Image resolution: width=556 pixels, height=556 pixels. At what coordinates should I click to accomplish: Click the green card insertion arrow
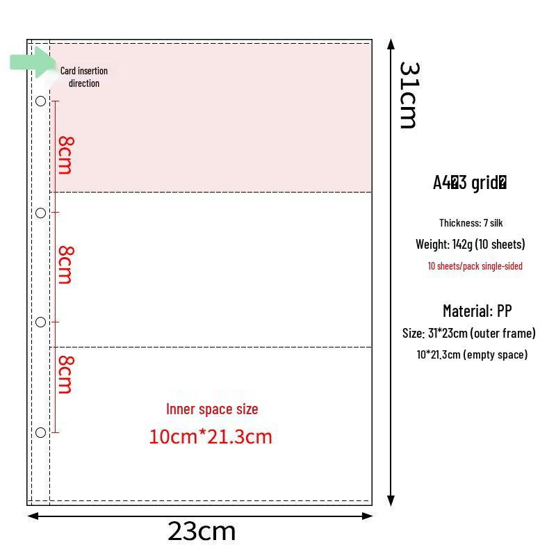click(32, 62)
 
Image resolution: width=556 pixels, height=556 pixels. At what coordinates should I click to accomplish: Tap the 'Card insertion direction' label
click(84, 77)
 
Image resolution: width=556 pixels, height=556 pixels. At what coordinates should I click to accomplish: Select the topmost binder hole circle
click(41, 101)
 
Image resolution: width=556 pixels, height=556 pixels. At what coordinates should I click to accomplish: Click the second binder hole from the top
click(41, 213)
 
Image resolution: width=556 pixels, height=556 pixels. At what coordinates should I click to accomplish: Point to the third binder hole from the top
click(41, 322)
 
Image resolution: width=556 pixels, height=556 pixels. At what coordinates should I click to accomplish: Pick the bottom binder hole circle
click(41, 432)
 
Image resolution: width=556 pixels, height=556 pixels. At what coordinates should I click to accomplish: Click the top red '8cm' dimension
click(66, 155)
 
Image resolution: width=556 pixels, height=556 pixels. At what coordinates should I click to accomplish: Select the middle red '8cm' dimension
click(66, 265)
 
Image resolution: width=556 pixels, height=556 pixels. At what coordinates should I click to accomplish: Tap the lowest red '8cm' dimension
click(66, 375)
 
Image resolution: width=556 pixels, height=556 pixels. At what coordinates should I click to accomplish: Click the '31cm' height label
click(409, 95)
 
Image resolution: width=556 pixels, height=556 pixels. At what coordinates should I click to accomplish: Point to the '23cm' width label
click(202, 531)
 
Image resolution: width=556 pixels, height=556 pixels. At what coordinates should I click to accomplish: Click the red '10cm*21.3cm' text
click(211, 436)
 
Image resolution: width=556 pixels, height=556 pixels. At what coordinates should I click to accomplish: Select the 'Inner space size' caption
click(212, 409)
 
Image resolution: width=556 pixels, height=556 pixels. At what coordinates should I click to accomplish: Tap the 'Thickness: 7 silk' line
click(471, 222)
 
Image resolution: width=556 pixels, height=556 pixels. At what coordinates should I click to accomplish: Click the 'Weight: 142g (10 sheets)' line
click(471, 245)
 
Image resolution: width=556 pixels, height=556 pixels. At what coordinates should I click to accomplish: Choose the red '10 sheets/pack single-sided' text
click(475, 266)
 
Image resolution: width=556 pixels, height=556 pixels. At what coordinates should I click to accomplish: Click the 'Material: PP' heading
click(477, 311)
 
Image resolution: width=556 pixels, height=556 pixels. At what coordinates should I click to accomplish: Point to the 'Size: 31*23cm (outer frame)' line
click(468, 334)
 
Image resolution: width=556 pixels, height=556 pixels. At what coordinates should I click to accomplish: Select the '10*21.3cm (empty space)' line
click(472, 354)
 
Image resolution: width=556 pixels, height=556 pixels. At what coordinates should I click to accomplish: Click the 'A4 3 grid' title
click(470, 183)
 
